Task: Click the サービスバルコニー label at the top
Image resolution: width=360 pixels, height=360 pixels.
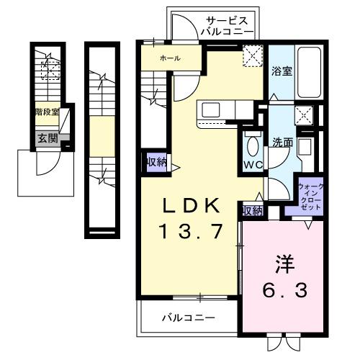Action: (x=227, y=27)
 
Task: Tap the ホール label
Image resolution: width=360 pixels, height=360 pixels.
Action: (x=171, y=58)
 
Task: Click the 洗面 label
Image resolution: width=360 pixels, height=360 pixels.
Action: (x=282, y=142)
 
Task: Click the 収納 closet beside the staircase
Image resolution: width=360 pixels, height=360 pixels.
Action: (x=156, y=162)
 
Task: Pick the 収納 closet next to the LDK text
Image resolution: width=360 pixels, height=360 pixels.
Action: (x=252, y=210)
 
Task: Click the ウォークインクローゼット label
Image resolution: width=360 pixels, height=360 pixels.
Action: (x=311, y=197)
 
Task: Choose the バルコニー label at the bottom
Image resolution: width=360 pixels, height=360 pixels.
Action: (x=189, y=317)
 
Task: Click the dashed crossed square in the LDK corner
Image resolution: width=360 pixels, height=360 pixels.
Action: (x=253, y=56)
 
